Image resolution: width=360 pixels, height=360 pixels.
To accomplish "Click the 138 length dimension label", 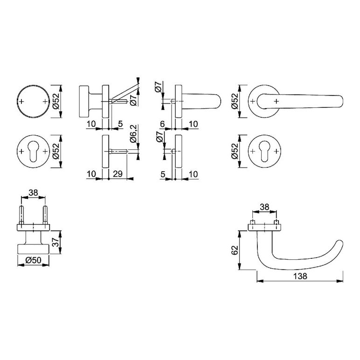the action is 300,276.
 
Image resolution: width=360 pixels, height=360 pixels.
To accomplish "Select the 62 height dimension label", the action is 235,250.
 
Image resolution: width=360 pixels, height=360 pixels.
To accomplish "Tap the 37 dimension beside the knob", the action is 55,242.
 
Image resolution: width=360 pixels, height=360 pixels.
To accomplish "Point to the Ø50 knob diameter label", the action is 33,260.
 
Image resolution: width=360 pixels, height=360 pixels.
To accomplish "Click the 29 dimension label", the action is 118,174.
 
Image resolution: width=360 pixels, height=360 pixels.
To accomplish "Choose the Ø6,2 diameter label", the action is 133,134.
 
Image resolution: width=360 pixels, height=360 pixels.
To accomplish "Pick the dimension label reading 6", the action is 162,124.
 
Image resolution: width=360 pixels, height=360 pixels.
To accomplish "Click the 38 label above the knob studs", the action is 33,193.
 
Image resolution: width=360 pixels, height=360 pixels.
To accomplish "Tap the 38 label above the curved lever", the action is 264,207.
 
